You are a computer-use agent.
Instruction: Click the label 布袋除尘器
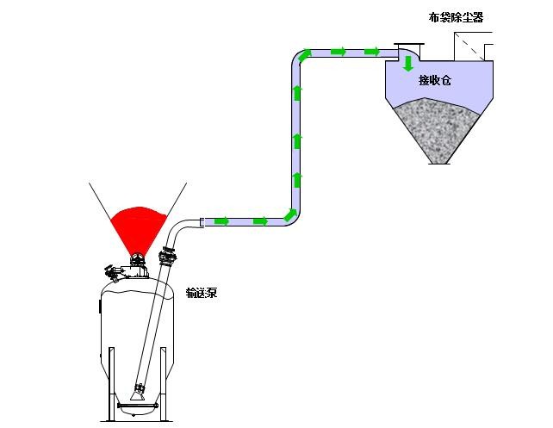pos(456,17)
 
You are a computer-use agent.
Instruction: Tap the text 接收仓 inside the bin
pos(435,80)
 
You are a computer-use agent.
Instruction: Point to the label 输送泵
pos(202,293)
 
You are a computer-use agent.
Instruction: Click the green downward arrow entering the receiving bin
pos(408,64)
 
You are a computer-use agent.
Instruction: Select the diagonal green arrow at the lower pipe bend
pos(290,214)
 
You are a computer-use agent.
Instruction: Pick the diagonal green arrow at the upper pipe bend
pos(305,55)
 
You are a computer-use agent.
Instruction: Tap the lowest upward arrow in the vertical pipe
pos(297,180)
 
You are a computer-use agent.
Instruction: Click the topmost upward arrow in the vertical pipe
pos(297,93)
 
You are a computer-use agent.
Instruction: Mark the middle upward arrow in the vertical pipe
pos(297,141)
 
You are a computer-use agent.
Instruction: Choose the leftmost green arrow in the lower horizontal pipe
pos(222,221)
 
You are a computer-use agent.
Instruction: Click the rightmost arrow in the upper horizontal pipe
pos(372,52)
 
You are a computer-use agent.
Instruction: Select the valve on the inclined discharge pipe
pos(167,257)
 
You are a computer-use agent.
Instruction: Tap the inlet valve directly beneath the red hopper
pos(137,261)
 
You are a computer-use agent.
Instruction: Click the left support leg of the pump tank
pos(111,383)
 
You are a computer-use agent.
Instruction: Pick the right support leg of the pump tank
pos(164,383)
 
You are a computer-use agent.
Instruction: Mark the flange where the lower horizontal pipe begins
pos(202,222)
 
